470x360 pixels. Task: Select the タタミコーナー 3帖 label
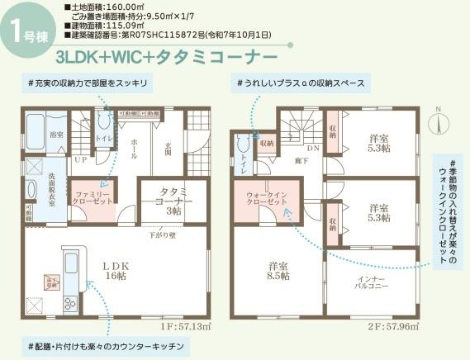pos(173,202)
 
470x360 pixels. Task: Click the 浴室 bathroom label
pos(55,134)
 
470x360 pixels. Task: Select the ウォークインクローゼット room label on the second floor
pos(267,200)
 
